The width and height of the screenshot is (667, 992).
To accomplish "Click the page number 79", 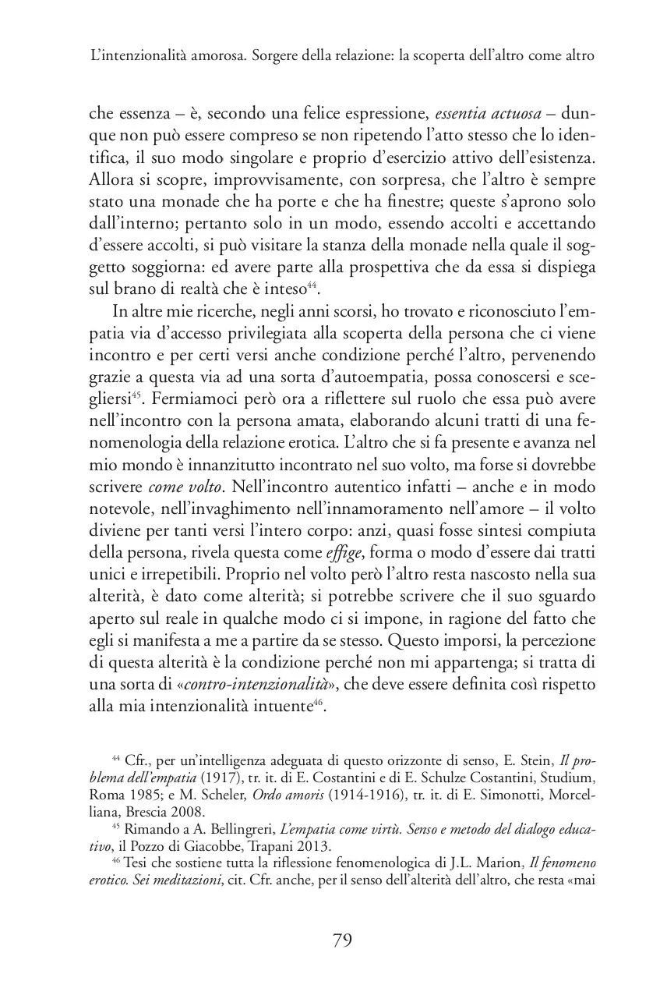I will click(x=342, y=940).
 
